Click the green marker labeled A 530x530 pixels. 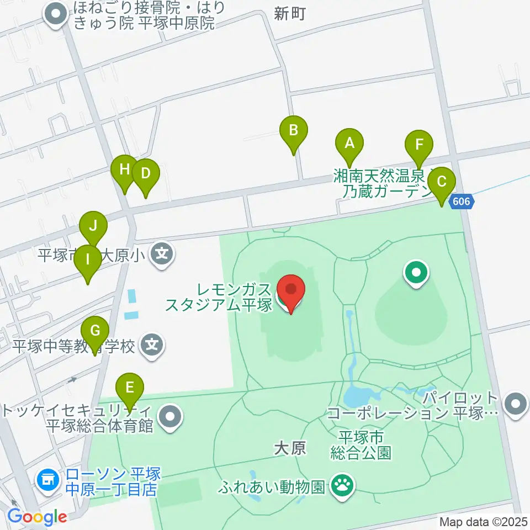[349, 144]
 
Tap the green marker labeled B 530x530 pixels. [294, 131]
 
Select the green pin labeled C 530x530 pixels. [441, 182]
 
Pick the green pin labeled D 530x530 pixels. [145, 174]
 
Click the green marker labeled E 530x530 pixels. [130, 387]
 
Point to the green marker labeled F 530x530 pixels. [419, 146]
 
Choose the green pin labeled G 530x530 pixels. [95, 332]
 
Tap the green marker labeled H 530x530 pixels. [124, 169]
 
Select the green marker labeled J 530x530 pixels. [93, 226]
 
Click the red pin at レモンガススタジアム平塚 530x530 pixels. [290, 290]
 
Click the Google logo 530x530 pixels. [37, 517]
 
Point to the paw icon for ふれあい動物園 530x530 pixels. [342, 486]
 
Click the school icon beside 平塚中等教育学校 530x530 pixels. [152, 346]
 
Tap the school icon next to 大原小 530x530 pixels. [163, 255]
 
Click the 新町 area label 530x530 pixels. [289, 14]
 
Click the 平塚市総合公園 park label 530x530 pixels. [361, 446]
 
